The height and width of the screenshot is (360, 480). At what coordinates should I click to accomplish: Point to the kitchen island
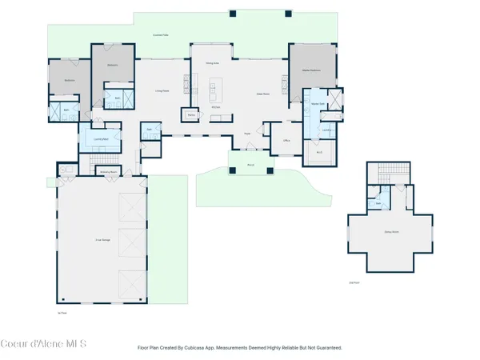[215, 86]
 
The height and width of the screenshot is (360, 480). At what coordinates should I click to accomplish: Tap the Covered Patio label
[161, 35]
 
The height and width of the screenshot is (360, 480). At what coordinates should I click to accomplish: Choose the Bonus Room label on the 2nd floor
[381, 234]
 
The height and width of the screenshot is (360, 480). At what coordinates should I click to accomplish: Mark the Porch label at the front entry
[250, 166]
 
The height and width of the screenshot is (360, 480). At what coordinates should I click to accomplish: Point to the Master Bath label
[318, 103]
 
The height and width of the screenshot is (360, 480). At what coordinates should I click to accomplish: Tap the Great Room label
[262, 94]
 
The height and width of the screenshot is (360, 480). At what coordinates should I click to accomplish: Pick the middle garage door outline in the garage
[129, 243]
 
